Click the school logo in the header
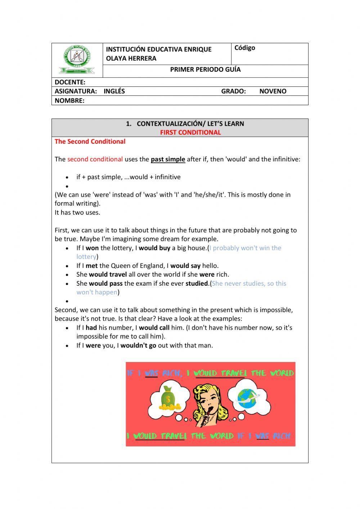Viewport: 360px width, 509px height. (77, 59)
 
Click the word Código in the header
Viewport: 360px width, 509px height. (245, 48)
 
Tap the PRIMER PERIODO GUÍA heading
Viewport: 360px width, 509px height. (205, 70)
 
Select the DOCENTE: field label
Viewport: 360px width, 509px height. (70, 82)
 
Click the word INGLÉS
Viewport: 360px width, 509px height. (114, 91)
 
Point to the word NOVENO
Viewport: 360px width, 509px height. (273, 91)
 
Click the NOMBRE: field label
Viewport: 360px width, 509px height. (69, 101)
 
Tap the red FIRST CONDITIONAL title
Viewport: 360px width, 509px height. (190, 132)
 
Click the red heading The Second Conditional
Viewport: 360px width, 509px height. (90, 142)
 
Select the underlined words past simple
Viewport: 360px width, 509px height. (168, 159)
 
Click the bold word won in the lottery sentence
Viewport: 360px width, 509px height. (92, 248)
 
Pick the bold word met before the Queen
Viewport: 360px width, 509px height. (91, 266)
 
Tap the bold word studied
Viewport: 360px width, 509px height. (197, 283)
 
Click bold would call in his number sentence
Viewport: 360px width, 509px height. (154, 328)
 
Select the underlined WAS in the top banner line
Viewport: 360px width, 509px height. (152, 373)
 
